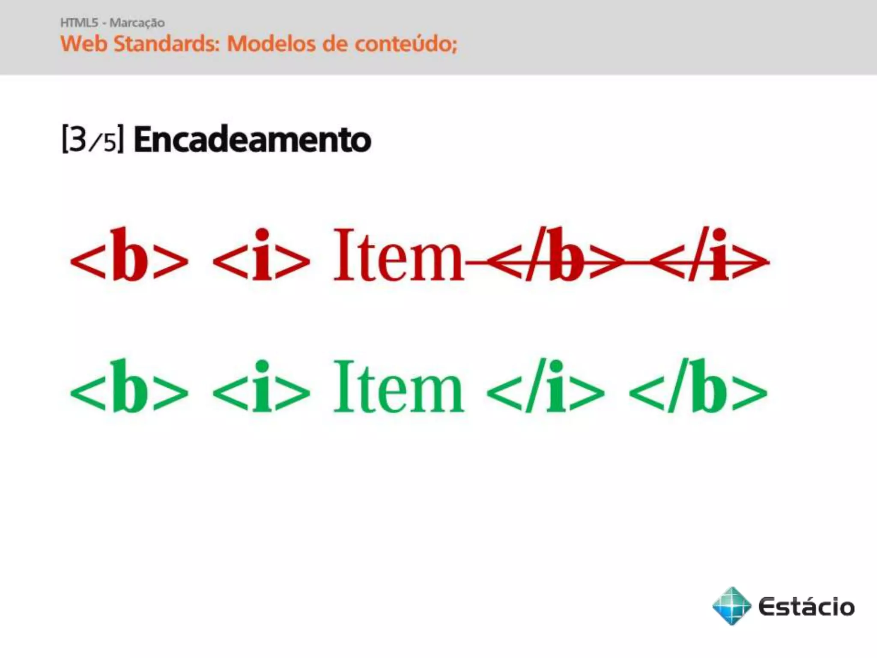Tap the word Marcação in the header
[x=137, y=23]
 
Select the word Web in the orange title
[x=84, y=44]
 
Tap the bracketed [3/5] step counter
[x=93, y=139]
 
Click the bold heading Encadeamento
[x=252, y=140]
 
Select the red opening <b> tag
[x=129, y=256]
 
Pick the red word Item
[x=398, y=256]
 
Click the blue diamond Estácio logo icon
[x=731, y=606]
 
